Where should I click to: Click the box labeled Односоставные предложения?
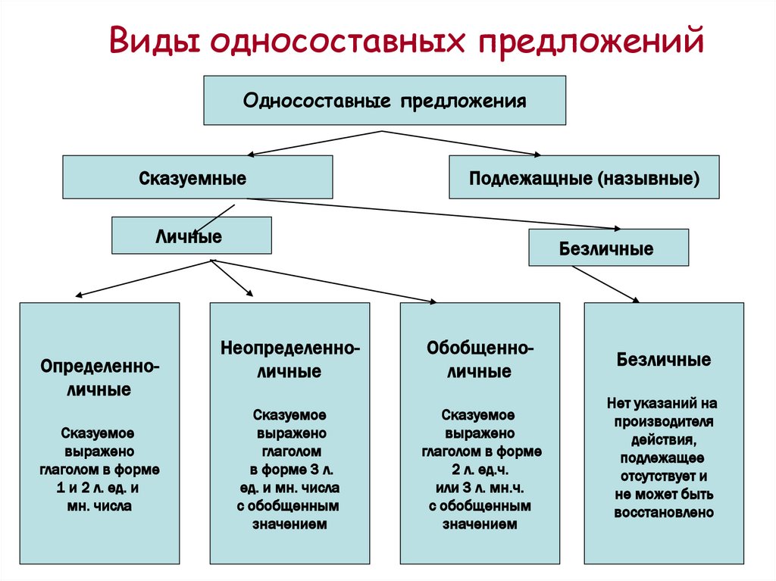click(384, 101)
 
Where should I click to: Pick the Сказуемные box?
click(198, 177)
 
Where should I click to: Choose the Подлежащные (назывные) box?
click(584, 177)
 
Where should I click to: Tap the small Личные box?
click(192, 236)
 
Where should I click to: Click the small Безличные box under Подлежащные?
click(609, 248)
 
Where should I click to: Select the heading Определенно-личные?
click(99, 377)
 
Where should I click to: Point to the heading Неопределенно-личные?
click(290, 359)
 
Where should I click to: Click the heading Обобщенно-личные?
click(480, 359)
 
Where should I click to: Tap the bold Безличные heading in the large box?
click(664, 359)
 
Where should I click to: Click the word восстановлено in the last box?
click(664, 512)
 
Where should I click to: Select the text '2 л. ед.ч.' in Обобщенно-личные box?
click(480, 469)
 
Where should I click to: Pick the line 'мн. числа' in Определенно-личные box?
click(99, 506)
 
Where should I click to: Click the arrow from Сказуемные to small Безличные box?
click(433, 214)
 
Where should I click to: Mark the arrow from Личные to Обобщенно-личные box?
click(324, 280)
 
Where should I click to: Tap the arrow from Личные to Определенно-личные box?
click(143, 278)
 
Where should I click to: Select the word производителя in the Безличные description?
click(664, 422)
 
